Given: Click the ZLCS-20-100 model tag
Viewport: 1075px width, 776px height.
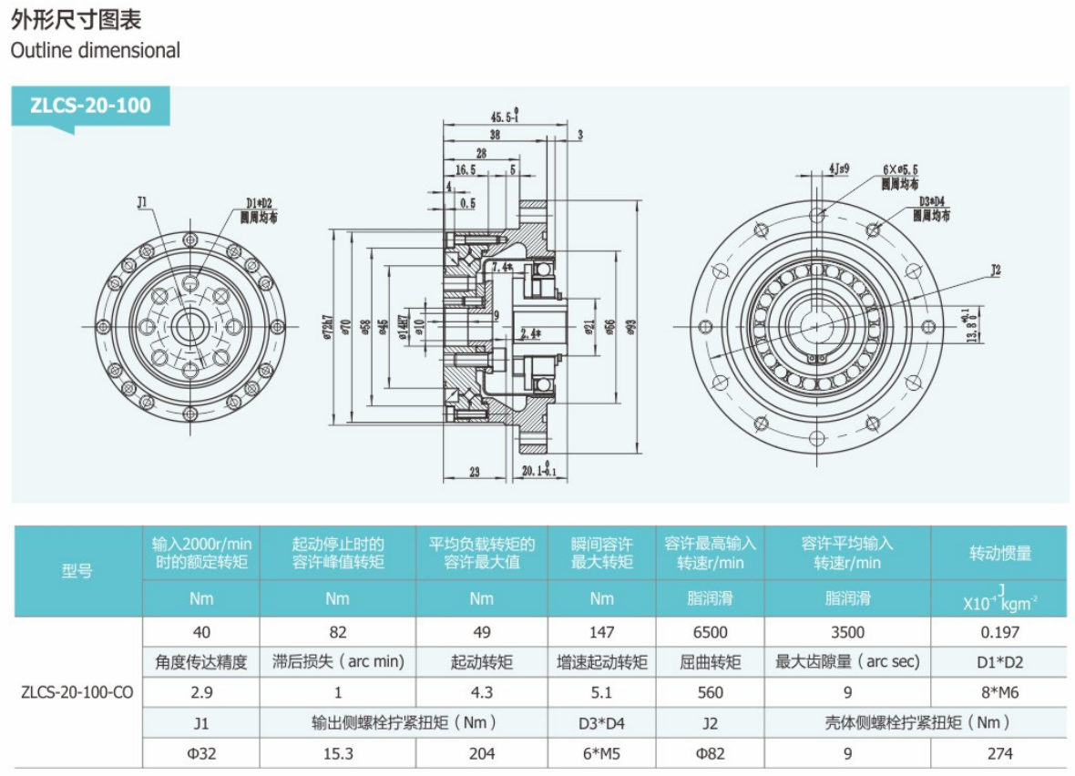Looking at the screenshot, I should coord(90,106).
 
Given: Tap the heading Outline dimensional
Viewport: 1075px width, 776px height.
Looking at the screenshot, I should coord(95,50).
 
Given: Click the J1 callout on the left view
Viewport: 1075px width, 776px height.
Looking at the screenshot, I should coord(143,202).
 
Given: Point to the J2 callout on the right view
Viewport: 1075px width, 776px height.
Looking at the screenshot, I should coord(995,271).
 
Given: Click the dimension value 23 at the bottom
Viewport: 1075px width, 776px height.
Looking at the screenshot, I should coord(475,471).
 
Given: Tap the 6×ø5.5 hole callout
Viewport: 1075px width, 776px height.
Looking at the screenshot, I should coord(900,169).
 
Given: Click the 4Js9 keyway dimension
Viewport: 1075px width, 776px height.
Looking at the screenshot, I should coord(839,168).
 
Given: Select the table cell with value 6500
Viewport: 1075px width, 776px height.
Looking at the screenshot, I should coord(711,631).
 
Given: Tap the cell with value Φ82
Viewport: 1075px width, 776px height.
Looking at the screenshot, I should coord(711,753).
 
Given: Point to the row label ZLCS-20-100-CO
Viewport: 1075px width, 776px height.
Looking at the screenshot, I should coord(77,692).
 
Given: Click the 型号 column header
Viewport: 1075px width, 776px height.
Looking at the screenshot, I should coord(77,571).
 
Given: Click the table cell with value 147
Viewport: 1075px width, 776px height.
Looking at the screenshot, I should coord(601,631).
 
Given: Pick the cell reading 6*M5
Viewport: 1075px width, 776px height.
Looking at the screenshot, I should coord(601,753).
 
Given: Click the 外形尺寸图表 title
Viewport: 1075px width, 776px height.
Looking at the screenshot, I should coord(77,18).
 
